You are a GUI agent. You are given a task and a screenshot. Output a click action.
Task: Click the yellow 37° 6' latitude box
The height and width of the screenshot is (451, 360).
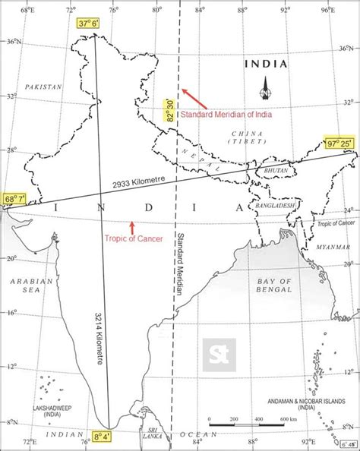(x=87, y=24)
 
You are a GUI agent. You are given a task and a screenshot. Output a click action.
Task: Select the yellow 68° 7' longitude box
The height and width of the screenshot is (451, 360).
(x=14, y=199)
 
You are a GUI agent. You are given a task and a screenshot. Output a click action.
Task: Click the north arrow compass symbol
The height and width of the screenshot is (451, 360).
(x=266, y=88)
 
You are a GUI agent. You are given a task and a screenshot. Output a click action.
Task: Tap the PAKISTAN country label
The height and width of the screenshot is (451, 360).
(x=43, y=87)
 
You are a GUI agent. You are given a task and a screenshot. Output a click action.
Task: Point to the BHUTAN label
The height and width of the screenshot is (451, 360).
(x=273, y=172)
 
